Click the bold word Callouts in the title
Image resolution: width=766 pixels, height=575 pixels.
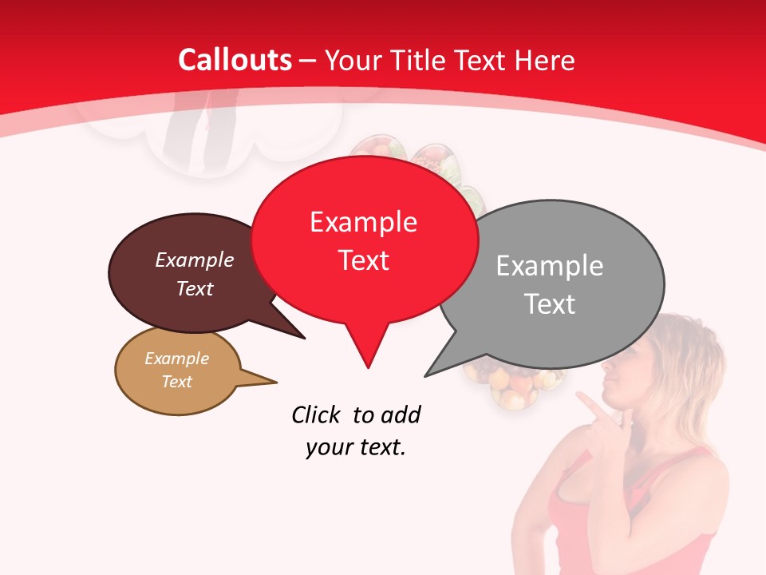point(235,60)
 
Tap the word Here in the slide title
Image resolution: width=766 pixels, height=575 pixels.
point(545,60)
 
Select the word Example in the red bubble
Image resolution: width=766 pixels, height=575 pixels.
point(363,222)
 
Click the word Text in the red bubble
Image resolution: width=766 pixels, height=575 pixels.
point(364,260)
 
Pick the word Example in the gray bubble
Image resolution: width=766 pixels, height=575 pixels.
point(550,266)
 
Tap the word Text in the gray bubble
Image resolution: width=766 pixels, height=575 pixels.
point(551,304)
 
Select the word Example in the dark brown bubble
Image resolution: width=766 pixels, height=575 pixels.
point(195,260)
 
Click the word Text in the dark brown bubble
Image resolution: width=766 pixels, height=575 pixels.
point(195,288)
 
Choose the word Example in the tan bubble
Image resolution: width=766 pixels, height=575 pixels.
point(176,359)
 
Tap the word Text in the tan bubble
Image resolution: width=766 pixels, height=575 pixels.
point(177,382)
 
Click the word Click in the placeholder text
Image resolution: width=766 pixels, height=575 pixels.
point(317,414)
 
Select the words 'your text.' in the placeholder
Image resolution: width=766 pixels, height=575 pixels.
point(356,448)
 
